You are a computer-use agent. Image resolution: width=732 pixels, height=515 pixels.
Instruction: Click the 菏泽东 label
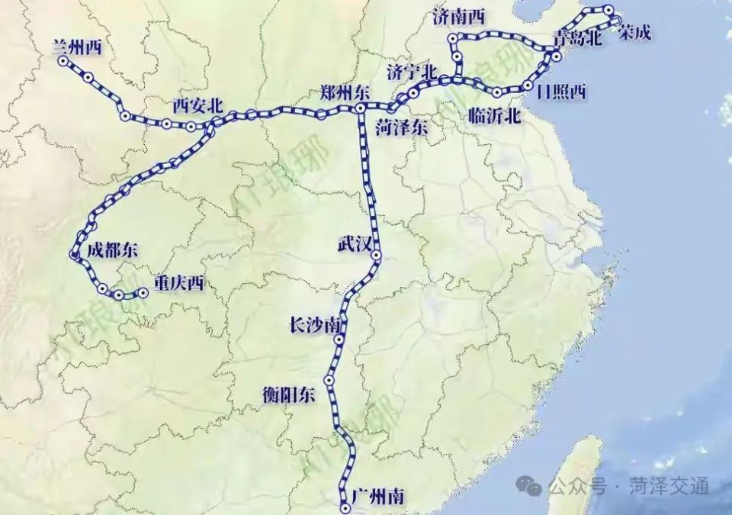coord(402,129)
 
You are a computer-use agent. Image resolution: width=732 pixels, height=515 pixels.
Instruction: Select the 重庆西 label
coord(178,284)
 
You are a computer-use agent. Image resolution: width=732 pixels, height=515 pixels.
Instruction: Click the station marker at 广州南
coord(345,507)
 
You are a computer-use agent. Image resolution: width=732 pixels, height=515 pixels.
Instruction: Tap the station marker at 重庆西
coord(143,292)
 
